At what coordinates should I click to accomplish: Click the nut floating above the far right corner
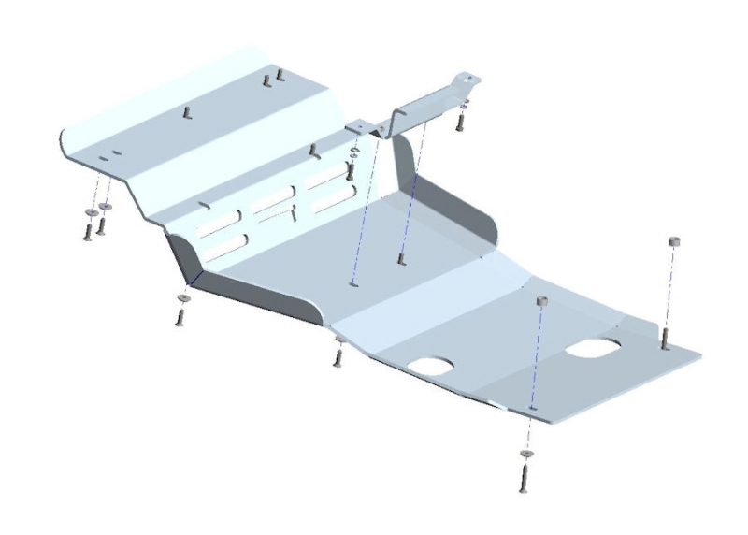point(673,242)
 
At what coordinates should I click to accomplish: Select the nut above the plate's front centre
point(540,301)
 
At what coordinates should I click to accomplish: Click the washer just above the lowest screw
point(525,454)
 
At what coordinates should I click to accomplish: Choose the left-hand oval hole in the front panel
point(433,366)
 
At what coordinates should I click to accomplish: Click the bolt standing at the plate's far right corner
point(664,337)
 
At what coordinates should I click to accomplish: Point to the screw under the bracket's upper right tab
point(461,122)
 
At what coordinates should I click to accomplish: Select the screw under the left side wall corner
point(179,316)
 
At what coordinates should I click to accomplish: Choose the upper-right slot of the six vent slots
point(327,177)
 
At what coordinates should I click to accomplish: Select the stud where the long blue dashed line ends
point(401,258)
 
